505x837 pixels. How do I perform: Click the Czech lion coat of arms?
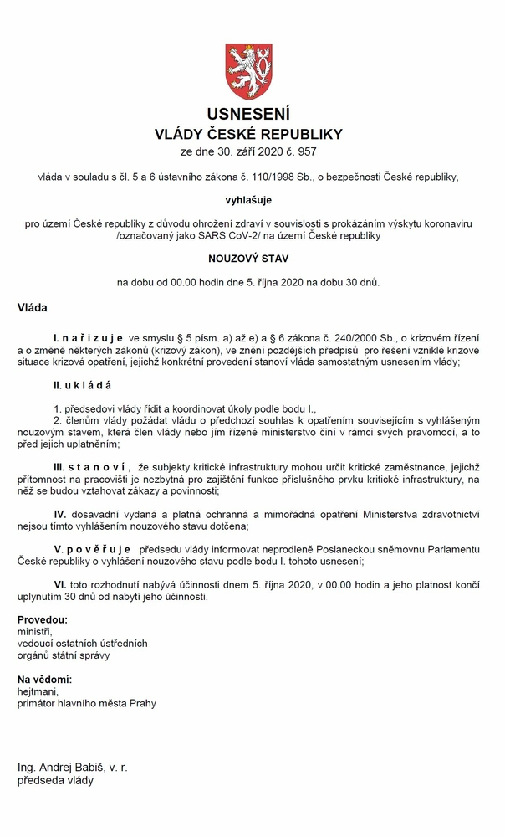pyautogui.click(x=249, y=70)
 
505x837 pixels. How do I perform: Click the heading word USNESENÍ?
pyautogui.click(x=248, y=114)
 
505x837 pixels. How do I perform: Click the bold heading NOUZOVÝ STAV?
pyautogui.click(x=248, y=259)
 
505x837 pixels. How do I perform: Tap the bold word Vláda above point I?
pyautogui.click(x=33, y=308)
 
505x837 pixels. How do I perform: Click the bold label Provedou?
pyautogui.click(x=43, y=619)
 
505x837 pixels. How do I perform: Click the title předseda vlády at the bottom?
pyautogui.click(x=56, y=780)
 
